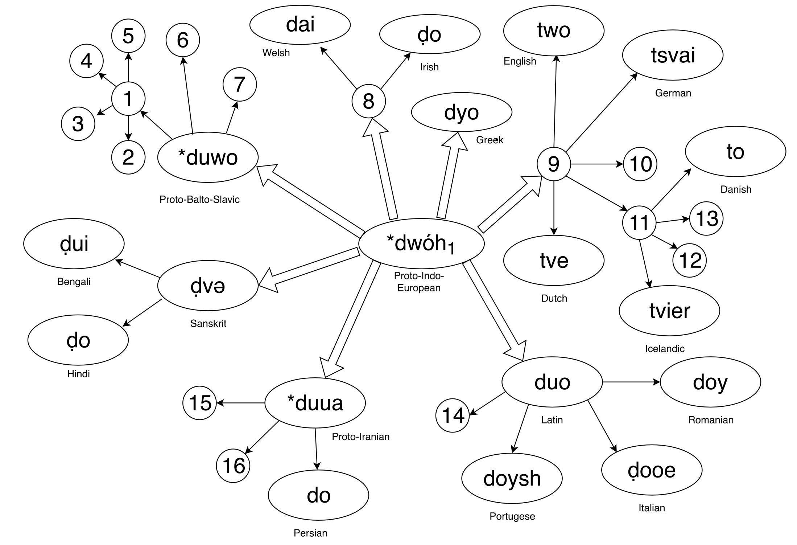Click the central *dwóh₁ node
pos(421,243)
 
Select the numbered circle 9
pos(553,164)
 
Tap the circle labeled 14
pos(453,415)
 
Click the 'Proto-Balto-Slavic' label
pos(199,200)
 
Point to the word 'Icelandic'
pos(664,349)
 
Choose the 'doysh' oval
pos(512,478)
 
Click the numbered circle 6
pos(183,40)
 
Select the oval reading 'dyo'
pos(461,112)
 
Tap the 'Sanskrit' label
pos(208,323)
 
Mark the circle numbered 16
pos(233,466)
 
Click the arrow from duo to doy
pos(631,382)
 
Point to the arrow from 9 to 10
pos(597,164)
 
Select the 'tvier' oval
pos(669,311)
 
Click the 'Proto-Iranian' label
pos(360,437)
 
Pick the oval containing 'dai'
pos(300,25)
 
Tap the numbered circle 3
pos(78,124)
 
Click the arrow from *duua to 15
pos(241,403)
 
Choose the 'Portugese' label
pos(512,516)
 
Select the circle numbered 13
pos(706,219)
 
